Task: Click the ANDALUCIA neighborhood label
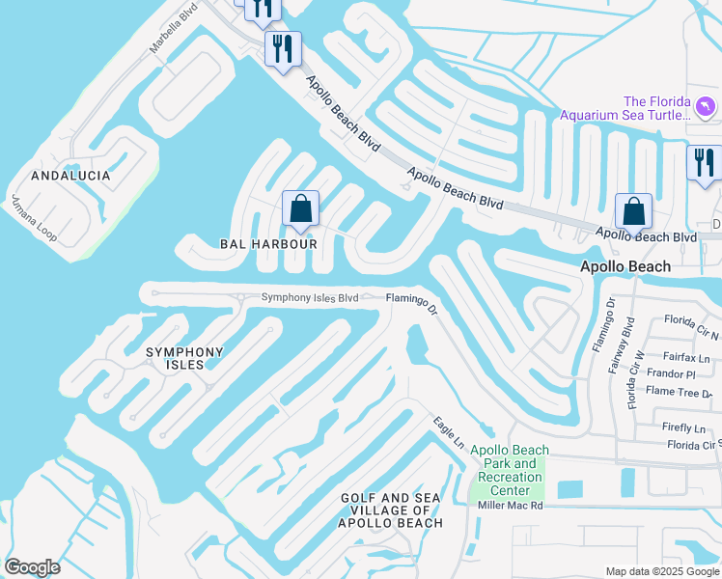click(x=70, y=177)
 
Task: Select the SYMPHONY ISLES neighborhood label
click(x=184, y=358)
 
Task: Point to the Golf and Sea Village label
click(x=391, y=510)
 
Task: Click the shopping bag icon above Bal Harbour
click(x=300, y=209)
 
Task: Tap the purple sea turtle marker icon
click(x=707, y=106)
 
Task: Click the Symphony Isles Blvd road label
click(x=310, y=298)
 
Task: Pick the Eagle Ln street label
click(x=449, y=430)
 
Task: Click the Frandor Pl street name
click(x=673, y=373)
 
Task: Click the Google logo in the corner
click(x=32, y=567)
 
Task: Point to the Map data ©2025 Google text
click(x=661, y=571)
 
